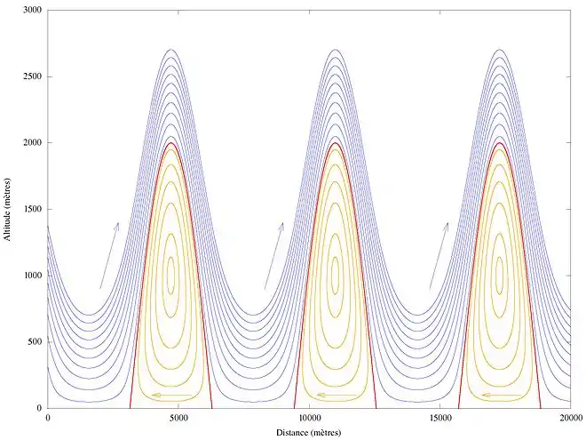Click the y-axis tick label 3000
pyautogui.click(x=32, y=10)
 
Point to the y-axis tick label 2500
pyautogui.click(x=32, y=76)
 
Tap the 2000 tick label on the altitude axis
pyautogui.click(x=32, y=142)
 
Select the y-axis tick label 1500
pyautogui.click(x=32, y=209)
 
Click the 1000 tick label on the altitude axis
pyautogui.click(x=32, y=276)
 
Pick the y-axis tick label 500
pyautogui.click(x=35, y=342)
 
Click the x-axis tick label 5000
pyautogui.click(x=178, y=419)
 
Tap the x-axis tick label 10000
pyautogui.click(x=308, y=419)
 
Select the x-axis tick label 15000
pyautogui.click(x=439, y=419)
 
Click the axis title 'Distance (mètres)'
pyautogui.click(x=308, y=432)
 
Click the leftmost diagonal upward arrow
pyautogui.click(x=109, y=255)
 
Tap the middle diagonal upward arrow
pyautogui.click(x=273, y=255)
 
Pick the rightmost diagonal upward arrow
pyautogui.click(x=439, y=255)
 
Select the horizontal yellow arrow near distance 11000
pyautogui.click(x=337, y=395)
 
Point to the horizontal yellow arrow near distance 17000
pyautogui.click(x=501, y=395)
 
